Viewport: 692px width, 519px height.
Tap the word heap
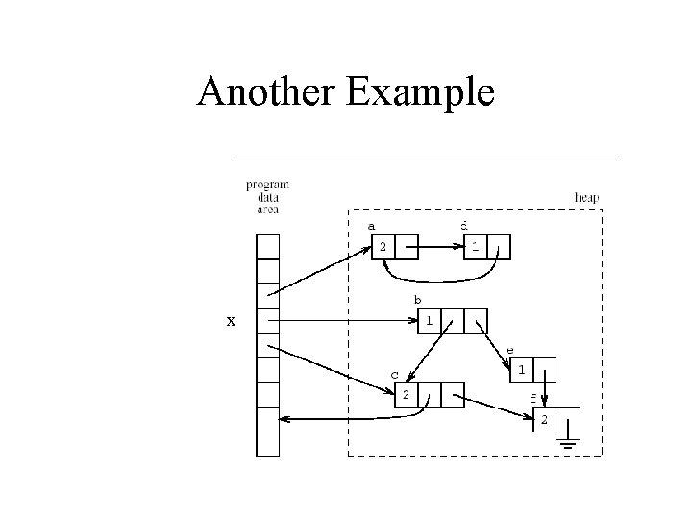coord(586,198)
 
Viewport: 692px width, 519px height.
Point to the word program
coord(267,185)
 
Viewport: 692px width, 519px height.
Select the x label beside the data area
coord(230,321)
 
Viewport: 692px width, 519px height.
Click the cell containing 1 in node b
coord(430,321)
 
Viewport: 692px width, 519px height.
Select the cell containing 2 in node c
coord(406,394)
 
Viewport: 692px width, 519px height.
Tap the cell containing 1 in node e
coord(521,370)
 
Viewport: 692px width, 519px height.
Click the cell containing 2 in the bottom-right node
coord(545,421)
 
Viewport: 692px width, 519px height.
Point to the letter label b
coord(417,301)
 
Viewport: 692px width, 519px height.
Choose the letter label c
coord(394,374)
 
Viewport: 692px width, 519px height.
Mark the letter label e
coord(509,351)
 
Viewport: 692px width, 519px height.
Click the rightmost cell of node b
coord(477,321)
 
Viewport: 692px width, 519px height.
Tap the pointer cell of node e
coord(545,370)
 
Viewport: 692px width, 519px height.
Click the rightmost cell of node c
coord(453,394)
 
